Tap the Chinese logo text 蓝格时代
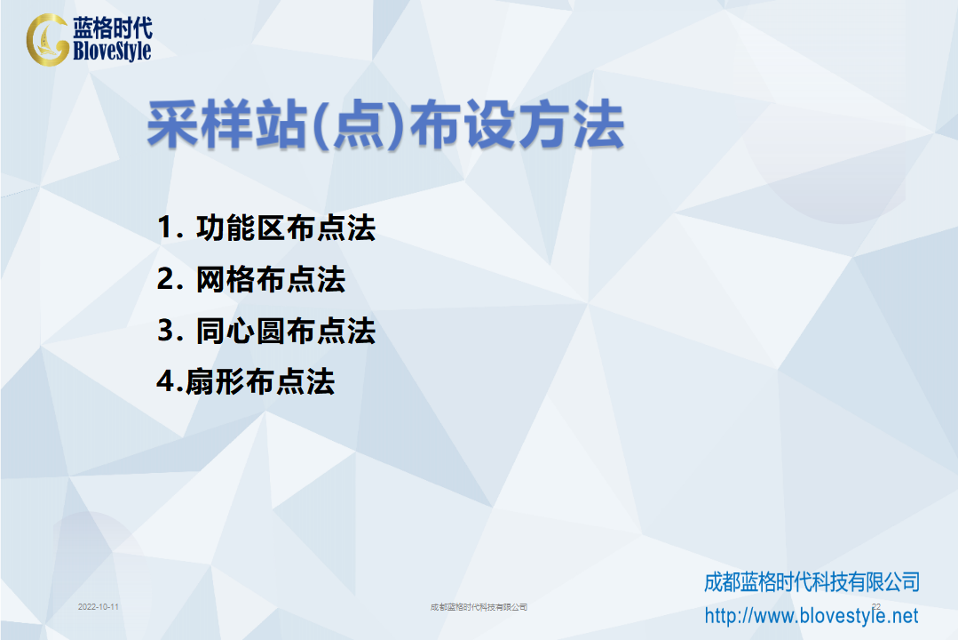pyautogui.click(x=113, y=28)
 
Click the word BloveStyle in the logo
pyautogui.click(x=112, y=51)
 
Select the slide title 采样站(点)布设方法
pyautogui.click(x=385, y=124)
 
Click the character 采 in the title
pyautogui.click(x=173, y=124)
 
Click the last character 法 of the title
pyautogui.click(x=598, y=124)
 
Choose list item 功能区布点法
pyautogui.click(x=285, y=228)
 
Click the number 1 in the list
pyautogui.click(x=165, y=228)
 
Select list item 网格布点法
pyautogui.click(x=271, y=280)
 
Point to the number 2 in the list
pyautogui.click(x=166, y=279)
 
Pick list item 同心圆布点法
pyautogui.click(x=285, y=331)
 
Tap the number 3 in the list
pyautogui.click(x=166, y=331)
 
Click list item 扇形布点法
pyautogui.click(x=259, y=382)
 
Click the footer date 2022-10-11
pyautogui.click(x=99, y=607)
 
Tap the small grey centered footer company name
pyautogui.click(x=479, y=607)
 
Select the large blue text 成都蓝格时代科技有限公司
pyautogui.click(x=812, y=582)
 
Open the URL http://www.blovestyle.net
pyautogui.click(x=812, y=615)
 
